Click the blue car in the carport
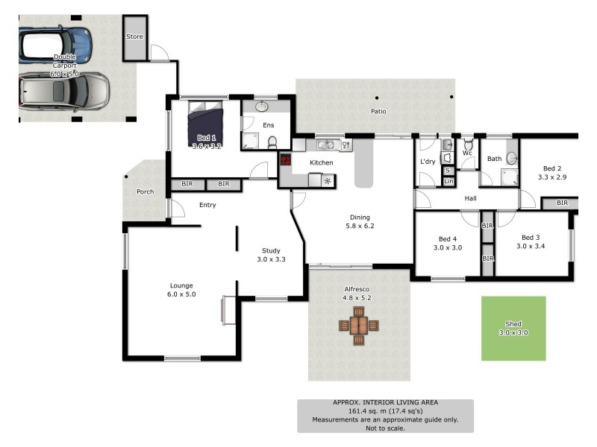tap(55, 44)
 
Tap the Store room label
tap(134, 37)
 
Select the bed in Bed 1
tap(204, 124)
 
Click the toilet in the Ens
tap(272, 142)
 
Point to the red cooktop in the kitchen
tap(285, 159)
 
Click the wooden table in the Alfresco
tap(359, 326)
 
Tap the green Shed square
tap(513, 328)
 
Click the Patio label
tap(378, 112)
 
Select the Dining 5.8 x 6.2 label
tap(359, 221)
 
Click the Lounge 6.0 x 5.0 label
tap(181, 290)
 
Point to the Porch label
tap(145, 192)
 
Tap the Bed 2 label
tap(552, 173)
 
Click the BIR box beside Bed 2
tap(561, 203)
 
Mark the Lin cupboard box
tap(448, 181)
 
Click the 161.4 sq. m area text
tap(385, 410)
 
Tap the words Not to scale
tap(385, 428)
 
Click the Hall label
tap(470, 198)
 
